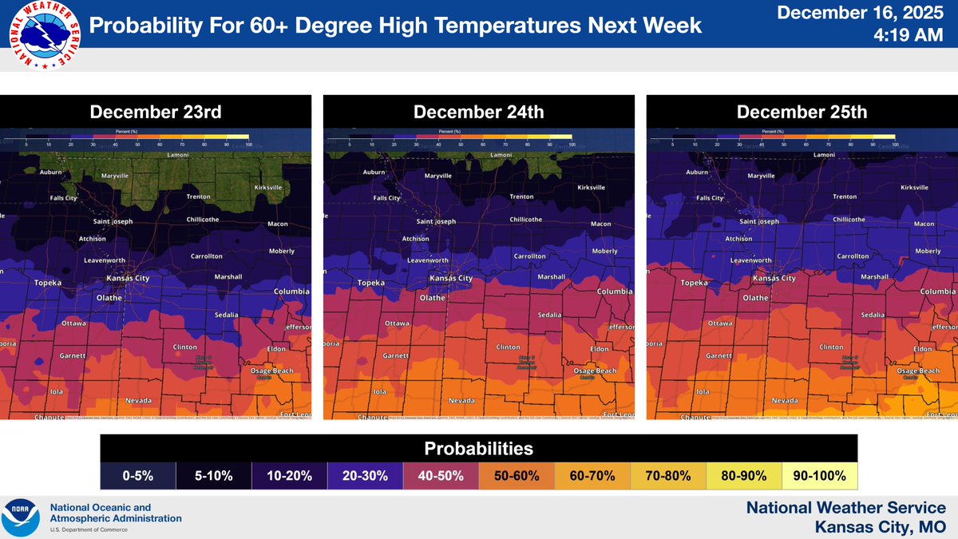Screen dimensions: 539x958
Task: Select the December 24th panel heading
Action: [x=478, y=112]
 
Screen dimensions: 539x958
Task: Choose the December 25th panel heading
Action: [x=802, y=112]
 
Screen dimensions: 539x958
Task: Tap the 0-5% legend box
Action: [x=137, y=476]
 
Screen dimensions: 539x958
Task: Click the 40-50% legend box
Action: [x=441, y=476]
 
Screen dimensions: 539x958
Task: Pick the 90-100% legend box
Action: [x=819, y=476]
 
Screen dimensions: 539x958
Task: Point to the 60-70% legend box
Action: [x=592, y=476]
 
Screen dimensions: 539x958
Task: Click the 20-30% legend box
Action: [x=365, y=476]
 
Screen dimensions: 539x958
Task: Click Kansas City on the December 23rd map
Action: [x=129, y=279]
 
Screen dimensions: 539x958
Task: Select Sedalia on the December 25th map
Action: [x=873, y=315]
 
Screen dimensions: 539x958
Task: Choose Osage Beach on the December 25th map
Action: [x=918, y=371]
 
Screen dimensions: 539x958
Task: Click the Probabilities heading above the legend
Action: [x=478, y=448]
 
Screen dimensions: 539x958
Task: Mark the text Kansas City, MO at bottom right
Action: [x=880, y=526]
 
